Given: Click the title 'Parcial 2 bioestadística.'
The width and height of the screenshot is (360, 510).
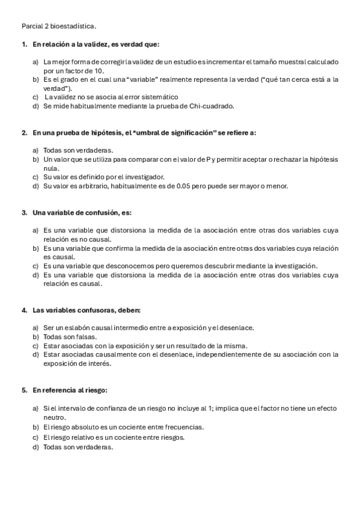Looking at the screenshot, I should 59,26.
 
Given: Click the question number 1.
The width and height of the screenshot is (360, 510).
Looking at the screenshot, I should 23,45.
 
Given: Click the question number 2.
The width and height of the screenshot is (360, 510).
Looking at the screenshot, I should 23,132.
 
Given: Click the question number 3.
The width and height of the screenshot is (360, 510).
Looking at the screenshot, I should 23,212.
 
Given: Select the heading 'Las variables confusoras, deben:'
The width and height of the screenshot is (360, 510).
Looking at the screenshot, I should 86,310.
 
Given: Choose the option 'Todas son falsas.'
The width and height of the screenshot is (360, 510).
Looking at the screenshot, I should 70,337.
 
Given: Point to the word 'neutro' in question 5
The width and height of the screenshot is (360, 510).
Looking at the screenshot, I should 53,417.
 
